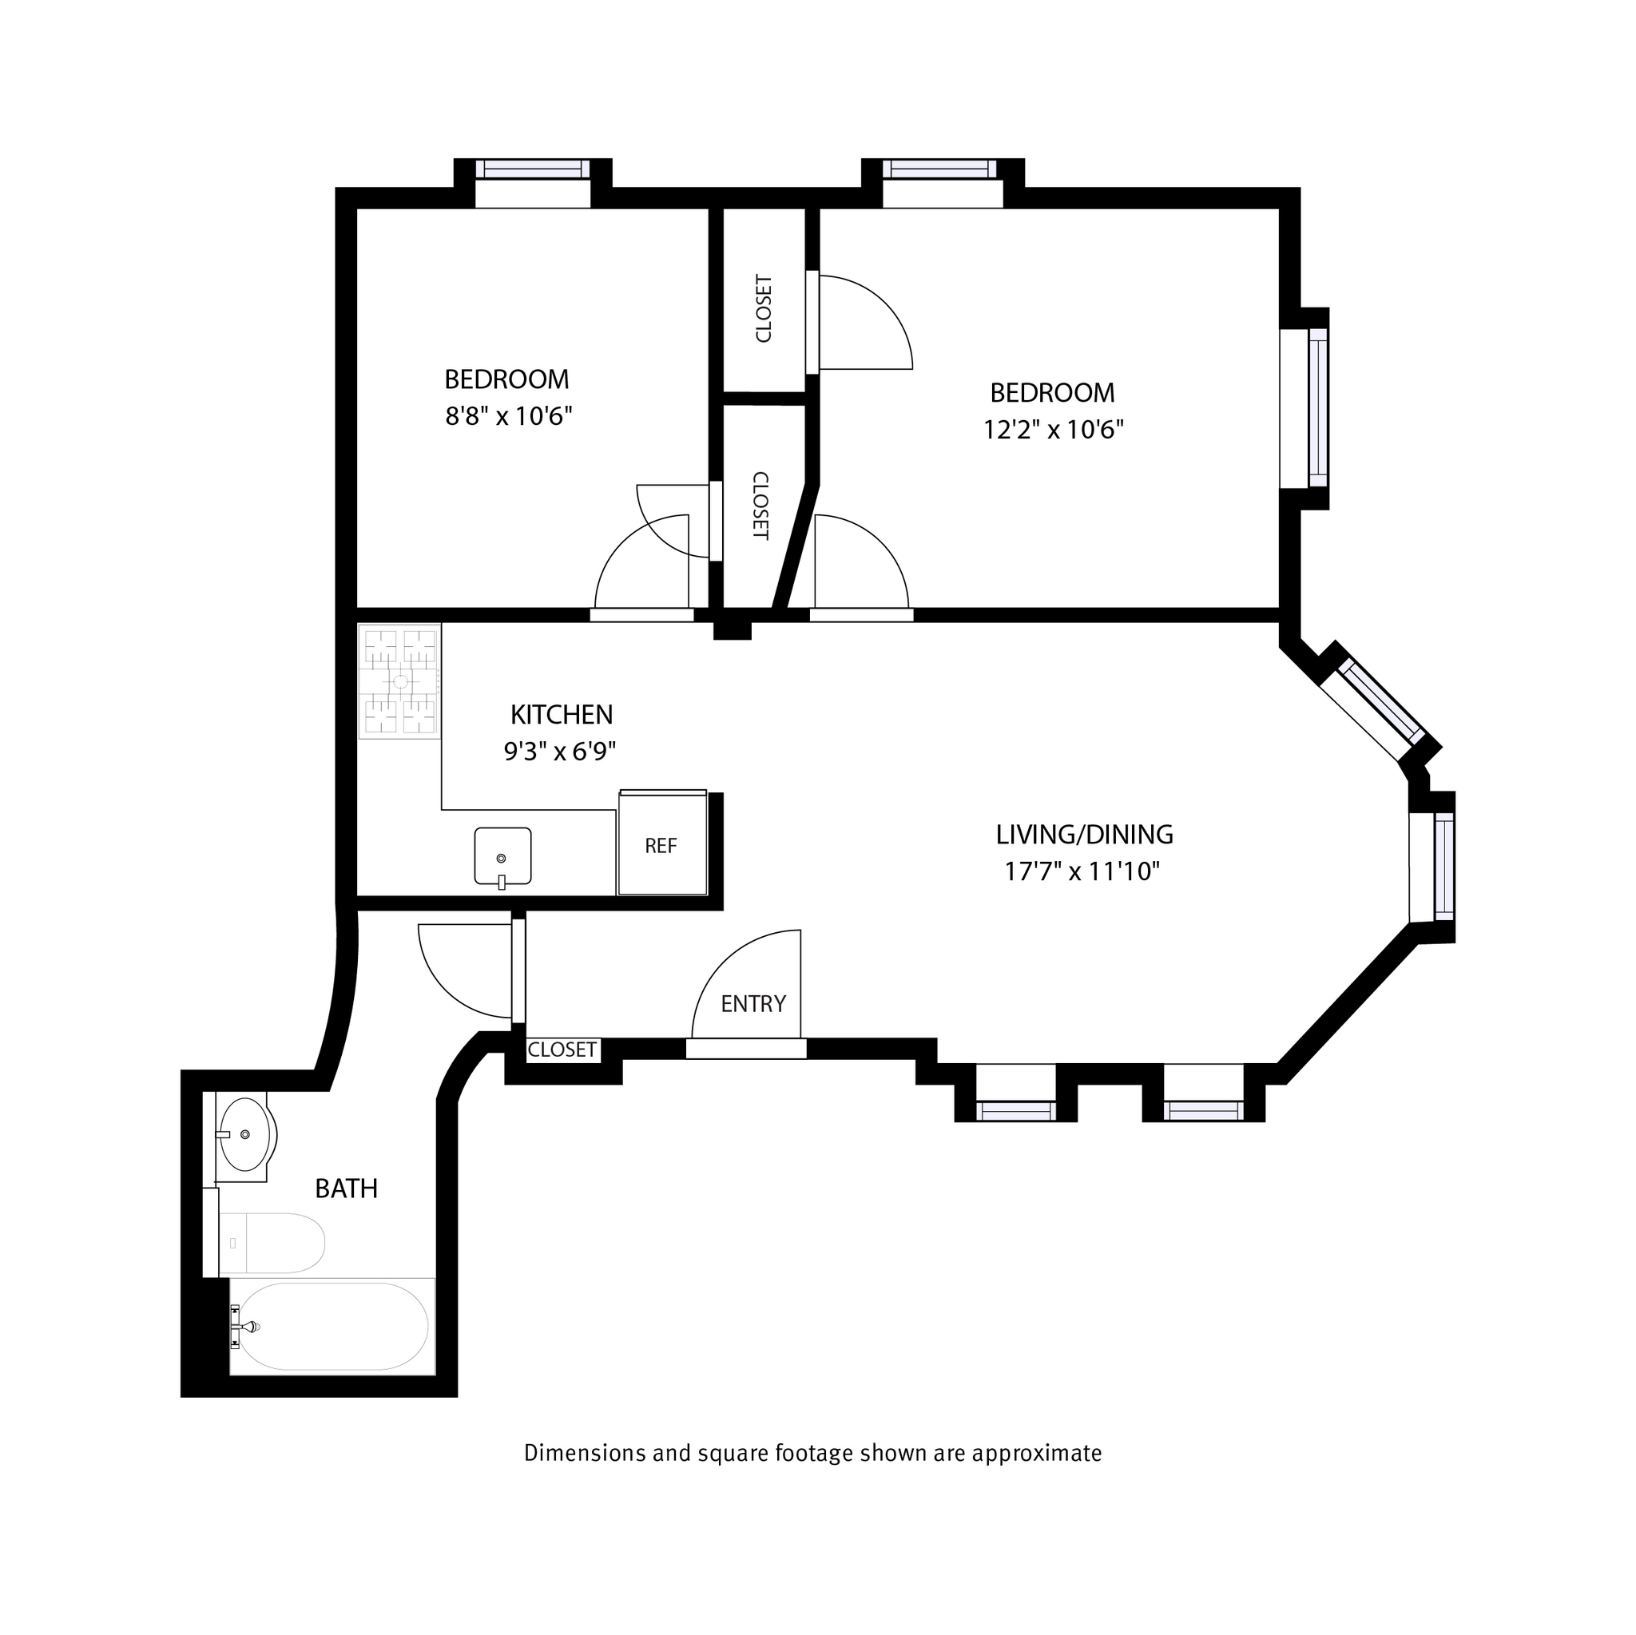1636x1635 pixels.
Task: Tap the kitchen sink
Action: point(502,856)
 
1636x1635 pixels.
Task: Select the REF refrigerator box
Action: point(661,845)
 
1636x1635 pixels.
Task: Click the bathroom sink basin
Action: point(244,1134)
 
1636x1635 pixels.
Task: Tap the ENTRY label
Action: point(752,1003)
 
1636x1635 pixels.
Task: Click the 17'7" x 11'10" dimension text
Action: point(1082,871)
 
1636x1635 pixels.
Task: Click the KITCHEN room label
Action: point(562,715)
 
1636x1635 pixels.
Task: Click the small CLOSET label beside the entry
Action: point(562,1050)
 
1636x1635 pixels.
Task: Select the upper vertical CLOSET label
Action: point(763,308)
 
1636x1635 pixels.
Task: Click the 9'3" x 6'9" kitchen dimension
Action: point(560,752)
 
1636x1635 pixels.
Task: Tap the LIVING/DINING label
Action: point(1084,835)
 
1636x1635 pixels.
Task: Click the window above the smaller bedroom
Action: point(532,169)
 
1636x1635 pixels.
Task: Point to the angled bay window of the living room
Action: point(1380,701)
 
